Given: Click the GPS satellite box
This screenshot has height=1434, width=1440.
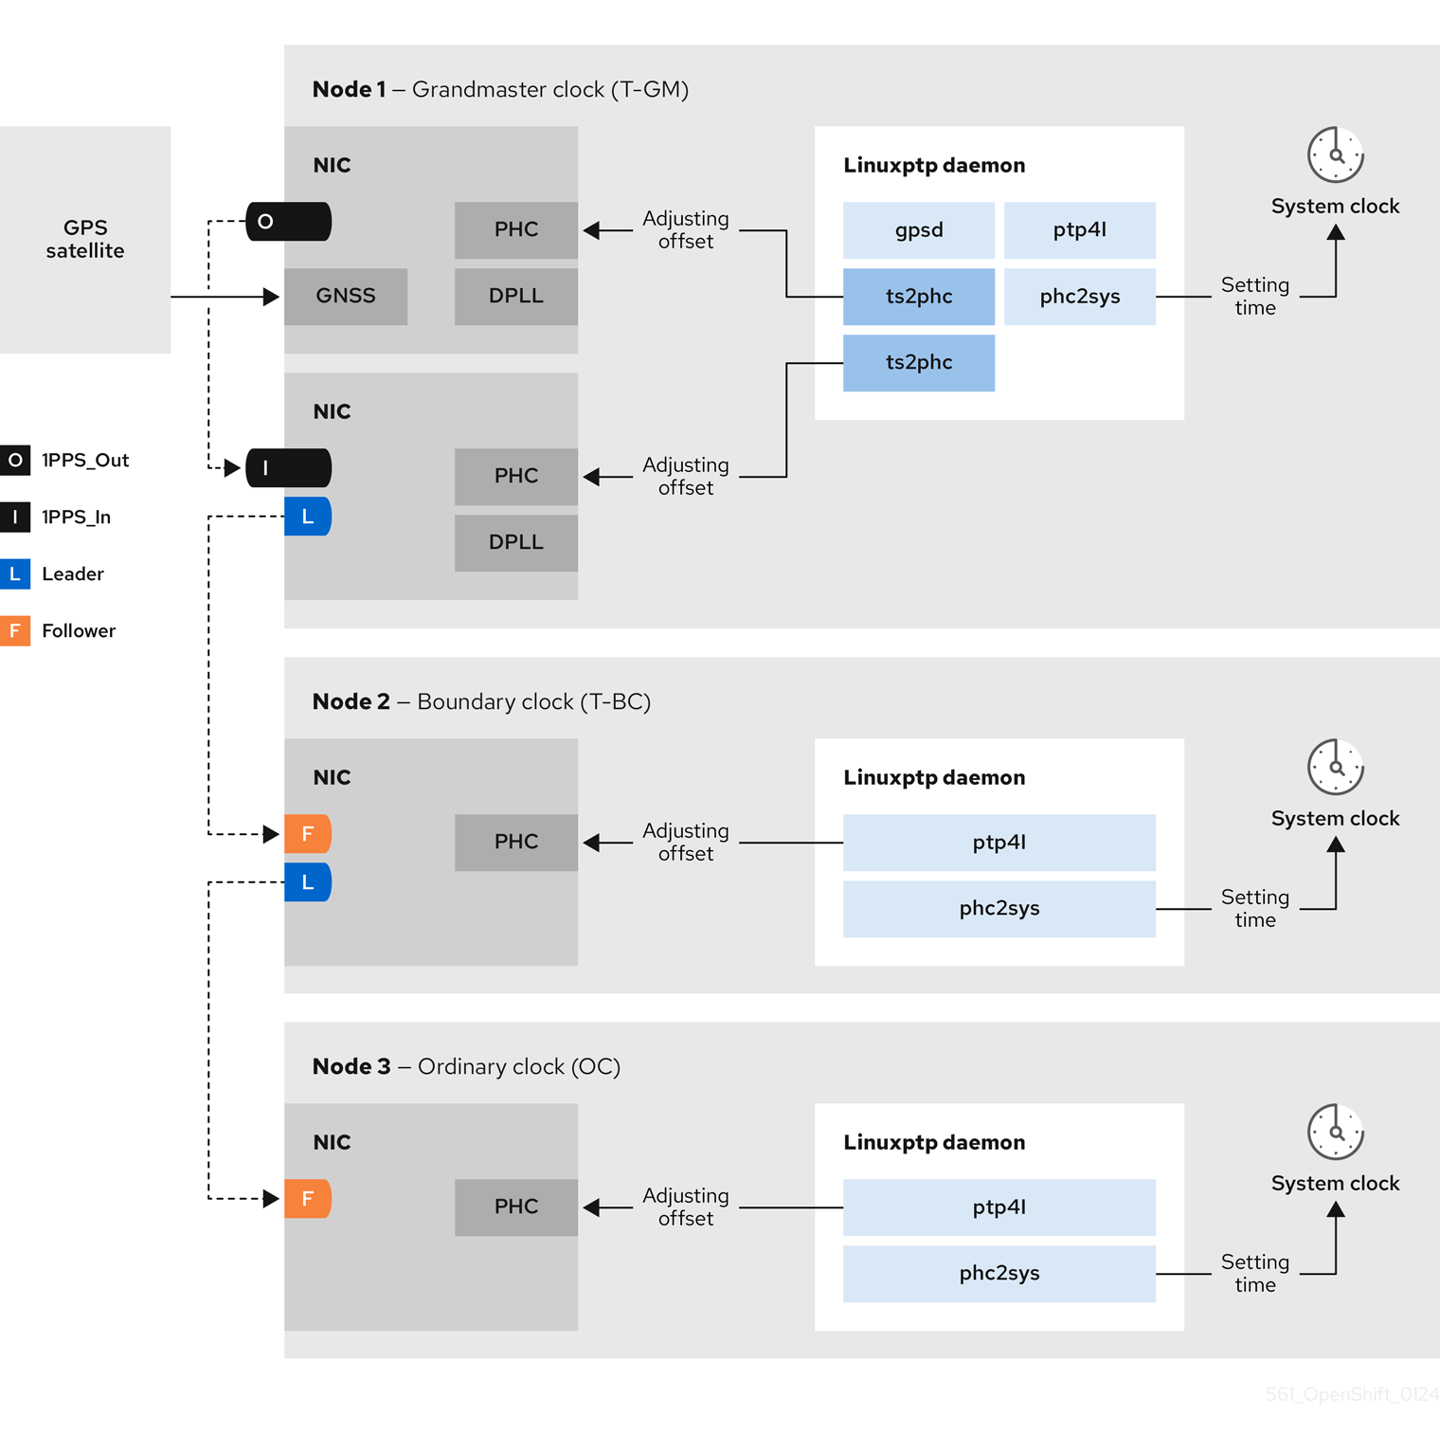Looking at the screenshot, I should click(85, 239).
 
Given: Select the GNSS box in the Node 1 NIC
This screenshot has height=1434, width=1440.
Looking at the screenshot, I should click(346, 296).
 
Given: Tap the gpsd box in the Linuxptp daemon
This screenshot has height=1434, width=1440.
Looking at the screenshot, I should click(918, 229).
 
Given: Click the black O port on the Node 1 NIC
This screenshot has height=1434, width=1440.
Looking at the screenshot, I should click(288, 221).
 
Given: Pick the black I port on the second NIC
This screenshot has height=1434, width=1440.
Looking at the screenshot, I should click(288, 467).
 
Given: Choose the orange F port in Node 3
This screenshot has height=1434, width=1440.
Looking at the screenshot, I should click(307, 1198).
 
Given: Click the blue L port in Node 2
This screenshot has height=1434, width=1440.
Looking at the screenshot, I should click(307, 881).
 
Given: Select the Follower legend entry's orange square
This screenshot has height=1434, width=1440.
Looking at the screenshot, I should click(15, 630).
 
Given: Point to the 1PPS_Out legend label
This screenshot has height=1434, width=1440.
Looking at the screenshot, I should click(85, 460).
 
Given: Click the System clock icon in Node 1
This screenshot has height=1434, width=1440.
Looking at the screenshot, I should click(1335, 154).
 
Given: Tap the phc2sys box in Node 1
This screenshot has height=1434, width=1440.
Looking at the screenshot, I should click(1079, 296).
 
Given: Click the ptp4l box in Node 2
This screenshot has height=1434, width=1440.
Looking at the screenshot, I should click(999, 842).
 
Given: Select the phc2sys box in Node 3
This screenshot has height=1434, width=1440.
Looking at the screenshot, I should click(999, 1273).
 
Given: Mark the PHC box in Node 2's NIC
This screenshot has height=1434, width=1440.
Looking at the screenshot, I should click(515, 842).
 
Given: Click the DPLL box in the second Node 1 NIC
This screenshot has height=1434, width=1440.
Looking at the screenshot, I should click(515, 542).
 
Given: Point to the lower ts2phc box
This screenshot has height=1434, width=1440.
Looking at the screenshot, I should click(918, 362).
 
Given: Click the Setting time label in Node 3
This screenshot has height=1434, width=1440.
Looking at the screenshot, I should click(1254, 1273).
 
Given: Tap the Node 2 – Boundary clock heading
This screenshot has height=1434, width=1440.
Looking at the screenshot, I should click(481, 701).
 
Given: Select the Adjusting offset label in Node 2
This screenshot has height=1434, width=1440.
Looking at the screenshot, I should click(685, 842).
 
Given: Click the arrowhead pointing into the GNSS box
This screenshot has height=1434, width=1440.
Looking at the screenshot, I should click(271, 297).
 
